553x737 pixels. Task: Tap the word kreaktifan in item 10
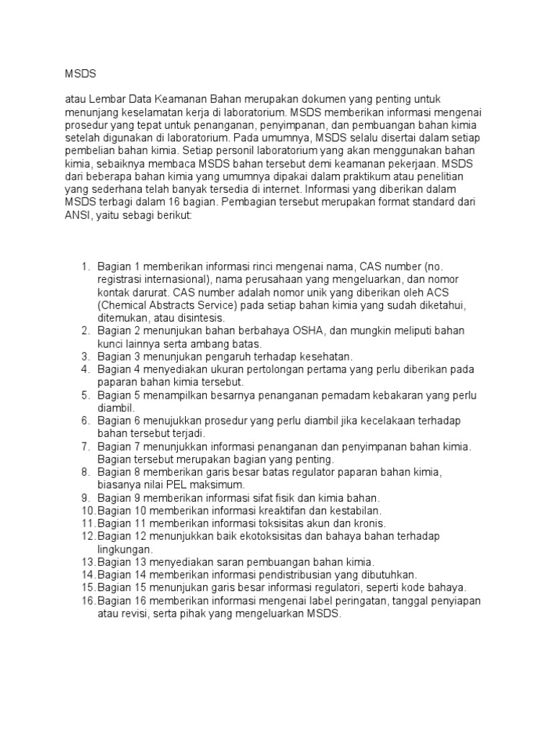click(276, 510)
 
